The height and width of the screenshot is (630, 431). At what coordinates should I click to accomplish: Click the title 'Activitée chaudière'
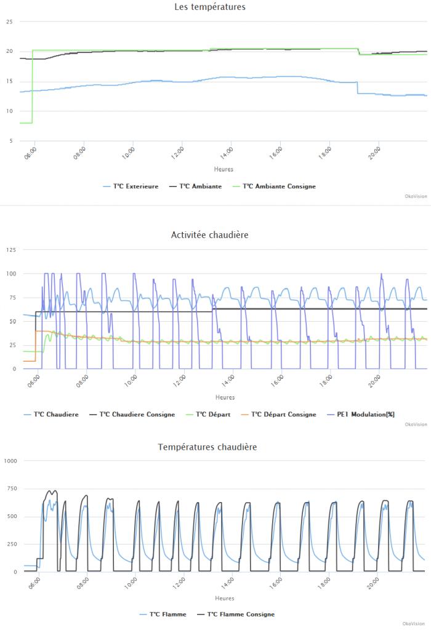tap(209, 234)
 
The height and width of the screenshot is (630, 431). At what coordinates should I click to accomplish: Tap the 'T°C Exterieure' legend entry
tap(135, 186)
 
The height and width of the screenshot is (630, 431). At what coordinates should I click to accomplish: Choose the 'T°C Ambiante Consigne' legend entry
tap(279, 186)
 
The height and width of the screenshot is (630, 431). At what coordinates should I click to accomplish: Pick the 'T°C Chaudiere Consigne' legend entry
tap(137, 414)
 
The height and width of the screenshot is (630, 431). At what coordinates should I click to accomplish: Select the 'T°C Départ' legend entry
tap(212, 414)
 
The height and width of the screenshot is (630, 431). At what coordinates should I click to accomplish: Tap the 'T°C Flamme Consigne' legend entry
tap(241, 614)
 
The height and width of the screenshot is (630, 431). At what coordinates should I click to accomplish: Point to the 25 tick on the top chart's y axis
tap(9, 22)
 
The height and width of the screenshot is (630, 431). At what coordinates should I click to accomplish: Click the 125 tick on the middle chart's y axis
tap(10, 249)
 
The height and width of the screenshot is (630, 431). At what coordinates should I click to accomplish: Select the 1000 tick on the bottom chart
tap(10, 461)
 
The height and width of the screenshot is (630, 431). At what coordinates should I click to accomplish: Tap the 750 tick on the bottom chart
tap(12, 488)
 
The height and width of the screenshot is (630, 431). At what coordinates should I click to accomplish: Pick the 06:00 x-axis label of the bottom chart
tap(34, 581)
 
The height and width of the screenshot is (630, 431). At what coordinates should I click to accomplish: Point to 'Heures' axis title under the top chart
tap(224, 169)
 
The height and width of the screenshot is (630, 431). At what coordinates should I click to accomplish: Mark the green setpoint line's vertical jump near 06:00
tap(32, 86)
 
